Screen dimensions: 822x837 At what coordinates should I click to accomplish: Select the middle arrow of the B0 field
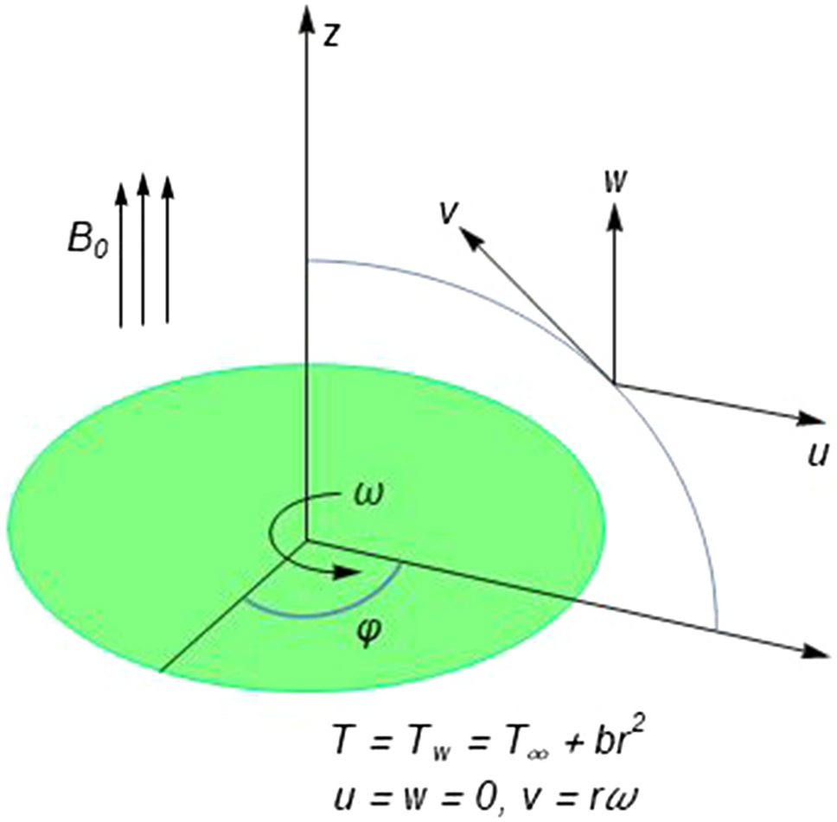point(144,251)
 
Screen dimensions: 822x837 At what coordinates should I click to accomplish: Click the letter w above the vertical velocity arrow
point(616,182)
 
